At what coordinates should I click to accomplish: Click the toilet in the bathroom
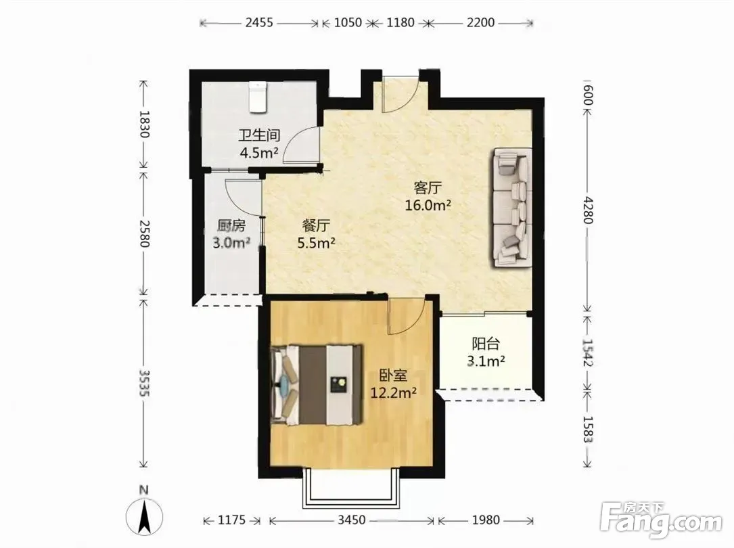[257, 97]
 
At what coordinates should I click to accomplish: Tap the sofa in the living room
[511, 207]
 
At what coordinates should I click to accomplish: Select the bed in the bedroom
[317, 385]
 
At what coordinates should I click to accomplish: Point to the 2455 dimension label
[259, 22]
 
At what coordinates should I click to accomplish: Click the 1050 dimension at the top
[348, 22]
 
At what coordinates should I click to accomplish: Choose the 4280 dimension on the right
[589, 210]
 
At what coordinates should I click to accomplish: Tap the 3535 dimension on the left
[145, 384]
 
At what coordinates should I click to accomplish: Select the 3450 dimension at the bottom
[352, 520]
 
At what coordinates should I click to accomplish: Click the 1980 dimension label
[486, 520]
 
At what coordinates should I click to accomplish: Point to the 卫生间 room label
[259, 136]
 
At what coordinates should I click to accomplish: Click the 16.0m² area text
[428, 205]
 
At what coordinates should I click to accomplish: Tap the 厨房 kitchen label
[231, 226]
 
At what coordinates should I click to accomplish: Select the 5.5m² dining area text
[317, 243]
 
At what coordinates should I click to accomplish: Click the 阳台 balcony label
[486, 344]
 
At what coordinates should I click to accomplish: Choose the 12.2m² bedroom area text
[394, 392]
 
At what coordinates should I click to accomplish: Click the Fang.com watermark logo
[660, 519]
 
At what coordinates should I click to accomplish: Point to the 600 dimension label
[589, 96]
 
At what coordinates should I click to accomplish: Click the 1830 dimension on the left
[145, 124]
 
